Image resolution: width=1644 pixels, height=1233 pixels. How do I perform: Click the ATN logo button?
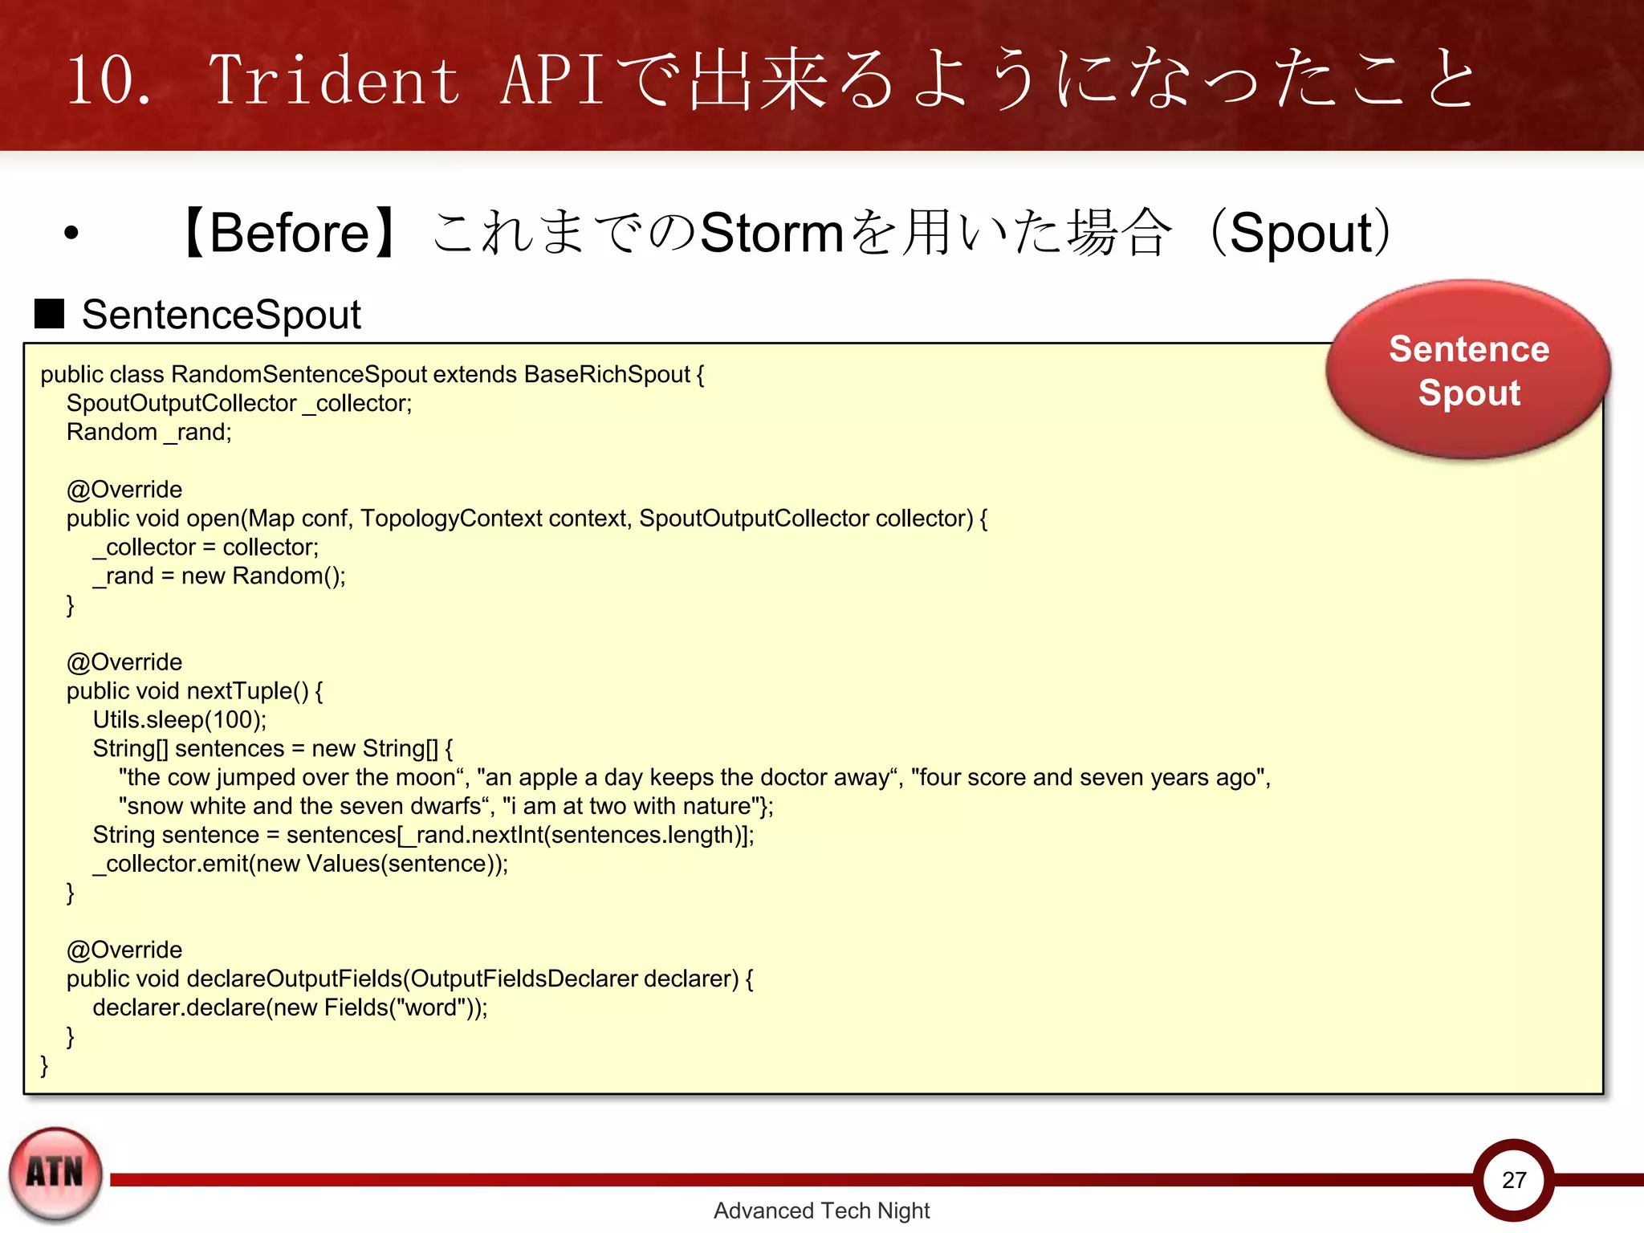55,1173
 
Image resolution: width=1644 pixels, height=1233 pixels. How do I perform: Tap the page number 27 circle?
1513,1179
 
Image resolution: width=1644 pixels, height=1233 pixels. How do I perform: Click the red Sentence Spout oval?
1467,370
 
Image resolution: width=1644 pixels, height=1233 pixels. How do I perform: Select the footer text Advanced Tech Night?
821,1211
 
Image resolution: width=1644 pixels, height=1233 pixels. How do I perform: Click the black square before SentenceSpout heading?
49,314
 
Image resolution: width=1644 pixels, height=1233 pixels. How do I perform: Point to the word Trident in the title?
334,79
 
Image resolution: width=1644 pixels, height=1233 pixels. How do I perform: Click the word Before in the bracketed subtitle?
289,234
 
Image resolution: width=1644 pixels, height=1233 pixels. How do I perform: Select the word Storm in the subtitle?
771,234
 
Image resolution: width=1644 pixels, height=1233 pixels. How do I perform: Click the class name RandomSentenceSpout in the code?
299,375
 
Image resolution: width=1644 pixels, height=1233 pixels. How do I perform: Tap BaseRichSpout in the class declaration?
607,375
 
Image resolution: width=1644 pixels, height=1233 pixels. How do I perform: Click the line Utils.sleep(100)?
180,720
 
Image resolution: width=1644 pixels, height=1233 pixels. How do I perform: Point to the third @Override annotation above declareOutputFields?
124,950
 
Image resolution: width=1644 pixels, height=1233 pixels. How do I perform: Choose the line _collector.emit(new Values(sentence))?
300,864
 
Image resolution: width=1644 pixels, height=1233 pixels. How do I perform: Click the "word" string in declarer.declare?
432,1007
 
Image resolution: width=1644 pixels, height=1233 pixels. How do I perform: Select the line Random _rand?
149,432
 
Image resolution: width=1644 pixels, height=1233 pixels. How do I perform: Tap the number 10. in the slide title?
108,79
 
